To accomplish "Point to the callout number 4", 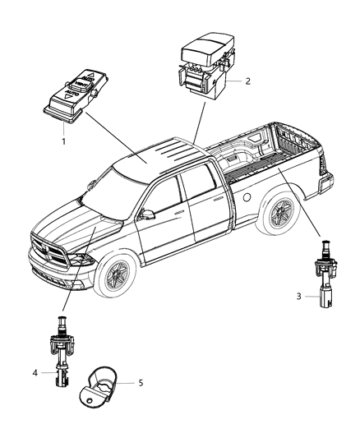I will [x=35, y=373].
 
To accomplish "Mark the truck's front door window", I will [x=165, y=201].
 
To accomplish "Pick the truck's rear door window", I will [x=200, y=191].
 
